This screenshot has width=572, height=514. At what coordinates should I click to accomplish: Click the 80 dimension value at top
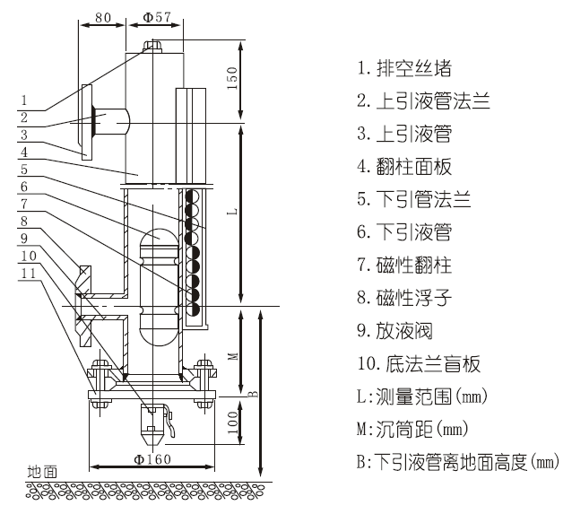click(104, 16)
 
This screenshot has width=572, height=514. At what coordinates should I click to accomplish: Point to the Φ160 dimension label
click(154, 458)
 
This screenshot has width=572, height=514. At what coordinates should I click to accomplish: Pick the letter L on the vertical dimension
click(232, 213)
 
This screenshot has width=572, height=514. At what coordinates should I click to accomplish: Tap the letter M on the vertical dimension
click(232, 353)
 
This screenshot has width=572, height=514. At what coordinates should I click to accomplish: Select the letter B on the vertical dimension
click(254, 392)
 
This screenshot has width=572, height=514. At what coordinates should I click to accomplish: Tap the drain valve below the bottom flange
click(153, 421)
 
